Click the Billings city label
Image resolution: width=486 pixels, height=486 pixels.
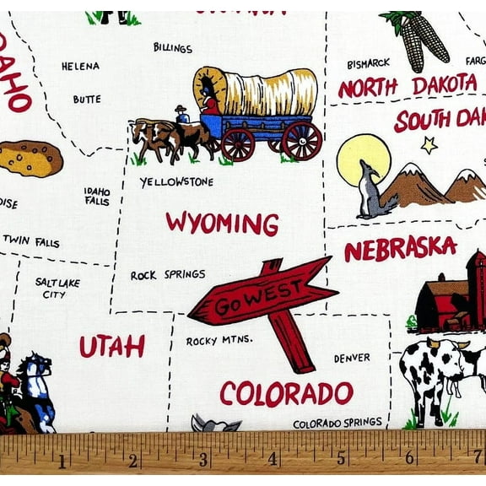[x=173, y=47]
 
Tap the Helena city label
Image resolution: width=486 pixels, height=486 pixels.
[x=80, y=66]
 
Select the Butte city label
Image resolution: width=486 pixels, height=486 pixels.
[x=86, y=99]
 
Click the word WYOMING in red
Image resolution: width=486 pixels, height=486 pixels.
[x=222, y=223]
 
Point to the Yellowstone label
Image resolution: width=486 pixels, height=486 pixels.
[x=176, y=181]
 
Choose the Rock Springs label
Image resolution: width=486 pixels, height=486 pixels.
[x=168, y=274]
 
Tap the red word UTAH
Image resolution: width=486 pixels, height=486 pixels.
[x=112, y=346]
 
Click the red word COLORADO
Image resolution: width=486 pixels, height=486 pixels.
[x=286, y=393]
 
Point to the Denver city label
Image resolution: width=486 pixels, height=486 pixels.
[x=352, y=358]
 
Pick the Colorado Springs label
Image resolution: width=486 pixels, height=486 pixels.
[x=337, y=422]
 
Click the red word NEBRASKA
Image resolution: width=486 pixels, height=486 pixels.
[x=400, y=248]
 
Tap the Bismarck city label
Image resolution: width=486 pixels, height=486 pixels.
[x=368, y=62]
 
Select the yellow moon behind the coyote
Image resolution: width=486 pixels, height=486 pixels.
[x=363, y=157]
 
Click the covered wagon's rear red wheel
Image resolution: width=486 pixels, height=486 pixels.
[x=301, y=140]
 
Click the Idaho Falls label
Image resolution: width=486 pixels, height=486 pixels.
[x=97, y=196]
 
